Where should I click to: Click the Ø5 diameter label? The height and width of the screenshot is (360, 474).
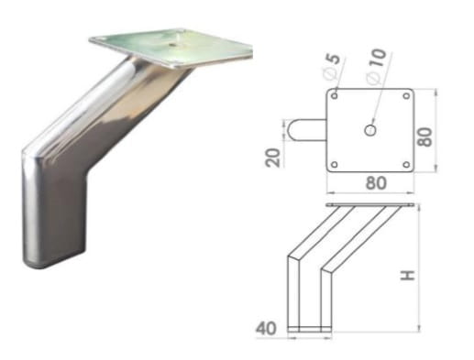click(332, 66)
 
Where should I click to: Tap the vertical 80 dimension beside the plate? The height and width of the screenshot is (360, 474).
click(425, 137)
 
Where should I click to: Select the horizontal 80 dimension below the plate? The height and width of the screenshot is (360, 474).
click(376, 183)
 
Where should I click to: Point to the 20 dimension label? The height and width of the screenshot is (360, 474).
click(272, 158)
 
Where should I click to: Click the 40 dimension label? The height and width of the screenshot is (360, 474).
click(266, 329)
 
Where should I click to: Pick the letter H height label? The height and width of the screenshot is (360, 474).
click(408, 275)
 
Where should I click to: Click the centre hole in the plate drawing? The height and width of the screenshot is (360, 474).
click(370, 130)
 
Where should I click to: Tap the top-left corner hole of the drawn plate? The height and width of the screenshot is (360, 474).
click(335, 96)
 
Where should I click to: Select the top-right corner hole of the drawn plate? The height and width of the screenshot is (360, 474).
click(406, 96)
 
